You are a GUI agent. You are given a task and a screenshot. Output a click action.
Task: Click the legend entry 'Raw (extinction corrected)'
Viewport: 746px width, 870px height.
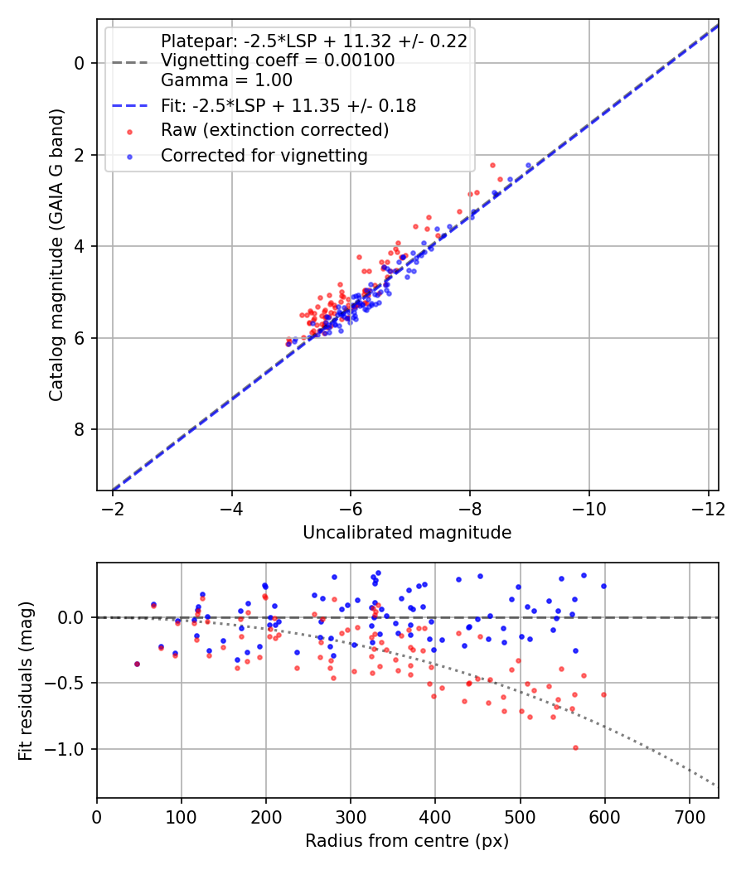point(274,130)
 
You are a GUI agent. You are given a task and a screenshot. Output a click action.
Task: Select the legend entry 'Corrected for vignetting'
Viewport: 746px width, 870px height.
point(264,155)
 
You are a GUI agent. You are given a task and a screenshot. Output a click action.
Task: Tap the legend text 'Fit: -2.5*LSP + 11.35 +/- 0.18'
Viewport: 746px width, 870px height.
point(288,105)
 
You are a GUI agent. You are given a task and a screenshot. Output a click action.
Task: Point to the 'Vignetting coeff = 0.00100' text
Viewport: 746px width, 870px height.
point(278,60)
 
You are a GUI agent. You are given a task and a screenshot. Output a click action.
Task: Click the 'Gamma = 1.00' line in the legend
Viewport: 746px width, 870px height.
point(226,80)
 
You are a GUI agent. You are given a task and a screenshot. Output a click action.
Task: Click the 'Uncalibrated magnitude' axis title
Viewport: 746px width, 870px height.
point(407,533)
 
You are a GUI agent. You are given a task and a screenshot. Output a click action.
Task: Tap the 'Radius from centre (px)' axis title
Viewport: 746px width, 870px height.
point(407,841)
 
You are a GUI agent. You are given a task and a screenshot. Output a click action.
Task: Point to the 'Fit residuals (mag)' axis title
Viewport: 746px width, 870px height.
point(27,680)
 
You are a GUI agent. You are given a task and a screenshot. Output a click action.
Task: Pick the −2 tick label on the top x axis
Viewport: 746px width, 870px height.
point(114,505)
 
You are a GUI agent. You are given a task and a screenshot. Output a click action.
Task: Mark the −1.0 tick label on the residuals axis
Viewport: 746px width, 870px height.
point(69,749)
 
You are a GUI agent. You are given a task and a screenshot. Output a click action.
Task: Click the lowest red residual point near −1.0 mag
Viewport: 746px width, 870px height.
point(575,747)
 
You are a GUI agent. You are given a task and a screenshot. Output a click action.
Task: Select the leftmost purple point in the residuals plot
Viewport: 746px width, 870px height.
point(137,664)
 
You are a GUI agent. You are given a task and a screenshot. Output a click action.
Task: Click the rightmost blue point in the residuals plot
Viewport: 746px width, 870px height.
point(603,586)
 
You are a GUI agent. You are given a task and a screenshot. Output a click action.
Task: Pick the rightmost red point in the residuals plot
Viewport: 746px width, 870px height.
point(603,694)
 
